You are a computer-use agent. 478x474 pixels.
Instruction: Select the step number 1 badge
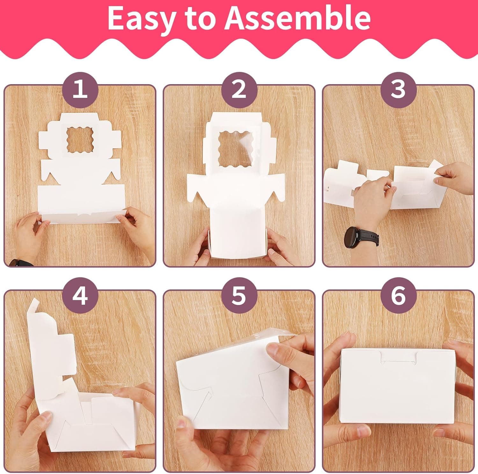[x=80, y=89]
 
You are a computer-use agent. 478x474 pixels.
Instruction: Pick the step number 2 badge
[x=239, y=89]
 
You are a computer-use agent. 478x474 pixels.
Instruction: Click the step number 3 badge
[x=398, y=89]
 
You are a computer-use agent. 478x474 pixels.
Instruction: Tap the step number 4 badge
[x=80, y=295]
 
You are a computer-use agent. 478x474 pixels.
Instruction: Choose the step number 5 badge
[x=239, y=295]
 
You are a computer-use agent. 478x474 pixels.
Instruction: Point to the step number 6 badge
[x=398, y=295]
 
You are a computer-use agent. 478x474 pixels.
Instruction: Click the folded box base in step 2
[x=238, y=231]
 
